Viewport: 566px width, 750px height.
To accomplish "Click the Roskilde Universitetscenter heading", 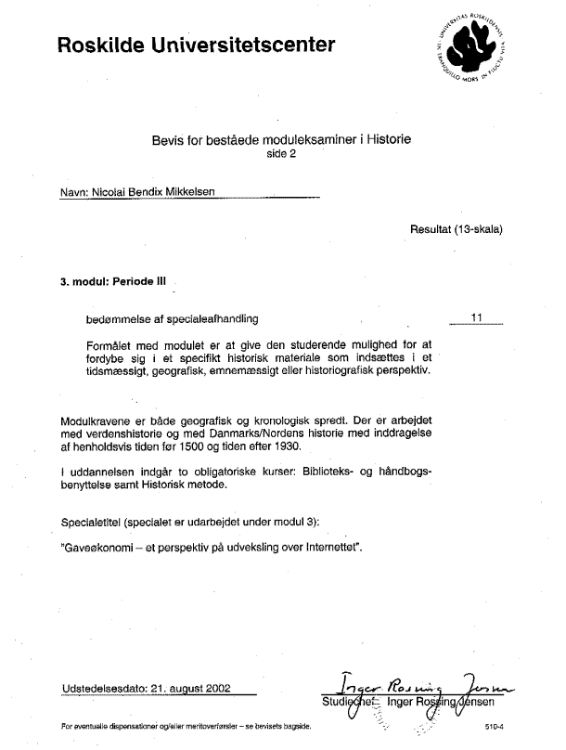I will click(195, 44).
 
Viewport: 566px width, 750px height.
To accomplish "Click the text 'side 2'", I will click(281, 155).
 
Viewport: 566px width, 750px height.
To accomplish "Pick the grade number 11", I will click(477, 317).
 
